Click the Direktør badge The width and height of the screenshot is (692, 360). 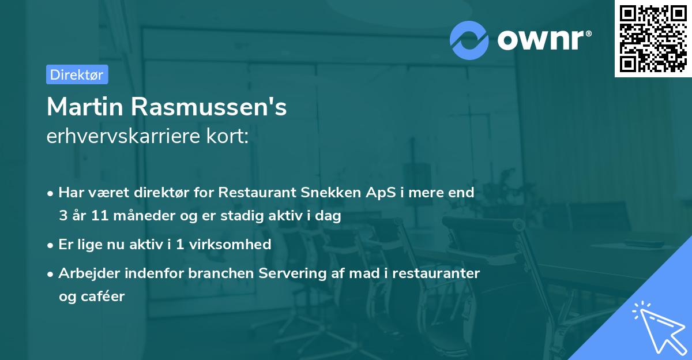[x=77, y=74]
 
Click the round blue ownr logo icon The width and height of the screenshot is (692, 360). [x=469, y=40]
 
